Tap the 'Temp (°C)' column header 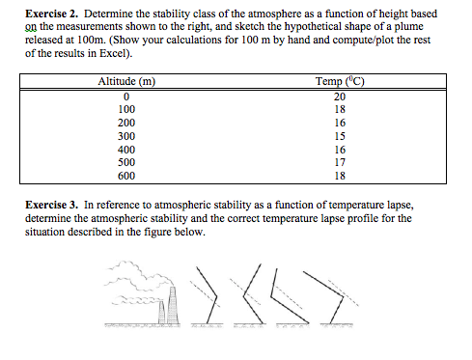338,82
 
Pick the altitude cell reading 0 126,97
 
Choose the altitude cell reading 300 126,137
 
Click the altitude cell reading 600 126,177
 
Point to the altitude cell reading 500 126,163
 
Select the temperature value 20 339,97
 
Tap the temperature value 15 339,137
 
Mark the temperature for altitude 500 339,163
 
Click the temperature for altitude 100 339,110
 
